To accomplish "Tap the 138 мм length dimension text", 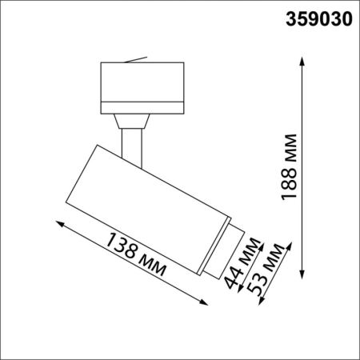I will point(137,254).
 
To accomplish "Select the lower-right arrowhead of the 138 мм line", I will point(203,301).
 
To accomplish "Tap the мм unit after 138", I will point(151,263).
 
